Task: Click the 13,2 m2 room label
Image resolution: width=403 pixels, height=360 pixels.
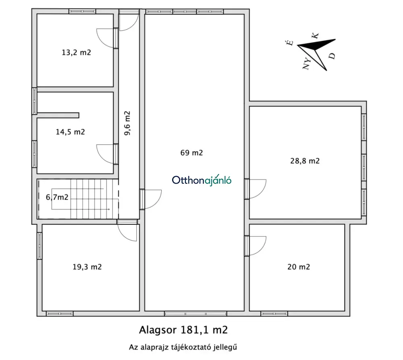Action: pos(76,52)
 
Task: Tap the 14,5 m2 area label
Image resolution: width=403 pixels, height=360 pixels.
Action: pos(71,132)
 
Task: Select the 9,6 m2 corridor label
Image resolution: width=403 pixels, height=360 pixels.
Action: pos(127,123)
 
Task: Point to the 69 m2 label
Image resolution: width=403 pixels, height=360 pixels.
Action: pos(191,153)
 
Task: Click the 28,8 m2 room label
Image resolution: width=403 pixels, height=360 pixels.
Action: pos(305,161)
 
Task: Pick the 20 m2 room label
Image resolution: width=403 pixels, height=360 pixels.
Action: pos(299,267)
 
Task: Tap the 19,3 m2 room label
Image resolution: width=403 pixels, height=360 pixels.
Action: pos(87,267)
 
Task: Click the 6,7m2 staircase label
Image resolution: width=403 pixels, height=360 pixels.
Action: pos(57,197)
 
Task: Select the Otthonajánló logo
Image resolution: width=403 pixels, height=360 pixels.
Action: pos(202,180)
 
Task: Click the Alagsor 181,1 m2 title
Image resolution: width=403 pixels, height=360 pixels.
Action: pos(183,330)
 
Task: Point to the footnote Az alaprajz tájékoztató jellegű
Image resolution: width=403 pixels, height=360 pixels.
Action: pos(183,347)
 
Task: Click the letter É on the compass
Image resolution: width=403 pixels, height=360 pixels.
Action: pos(290,43)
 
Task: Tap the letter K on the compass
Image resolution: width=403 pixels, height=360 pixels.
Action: pos(316,35)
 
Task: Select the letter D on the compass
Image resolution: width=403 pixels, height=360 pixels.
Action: pos(332,56)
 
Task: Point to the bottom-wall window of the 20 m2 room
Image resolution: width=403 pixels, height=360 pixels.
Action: pos(274,314)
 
